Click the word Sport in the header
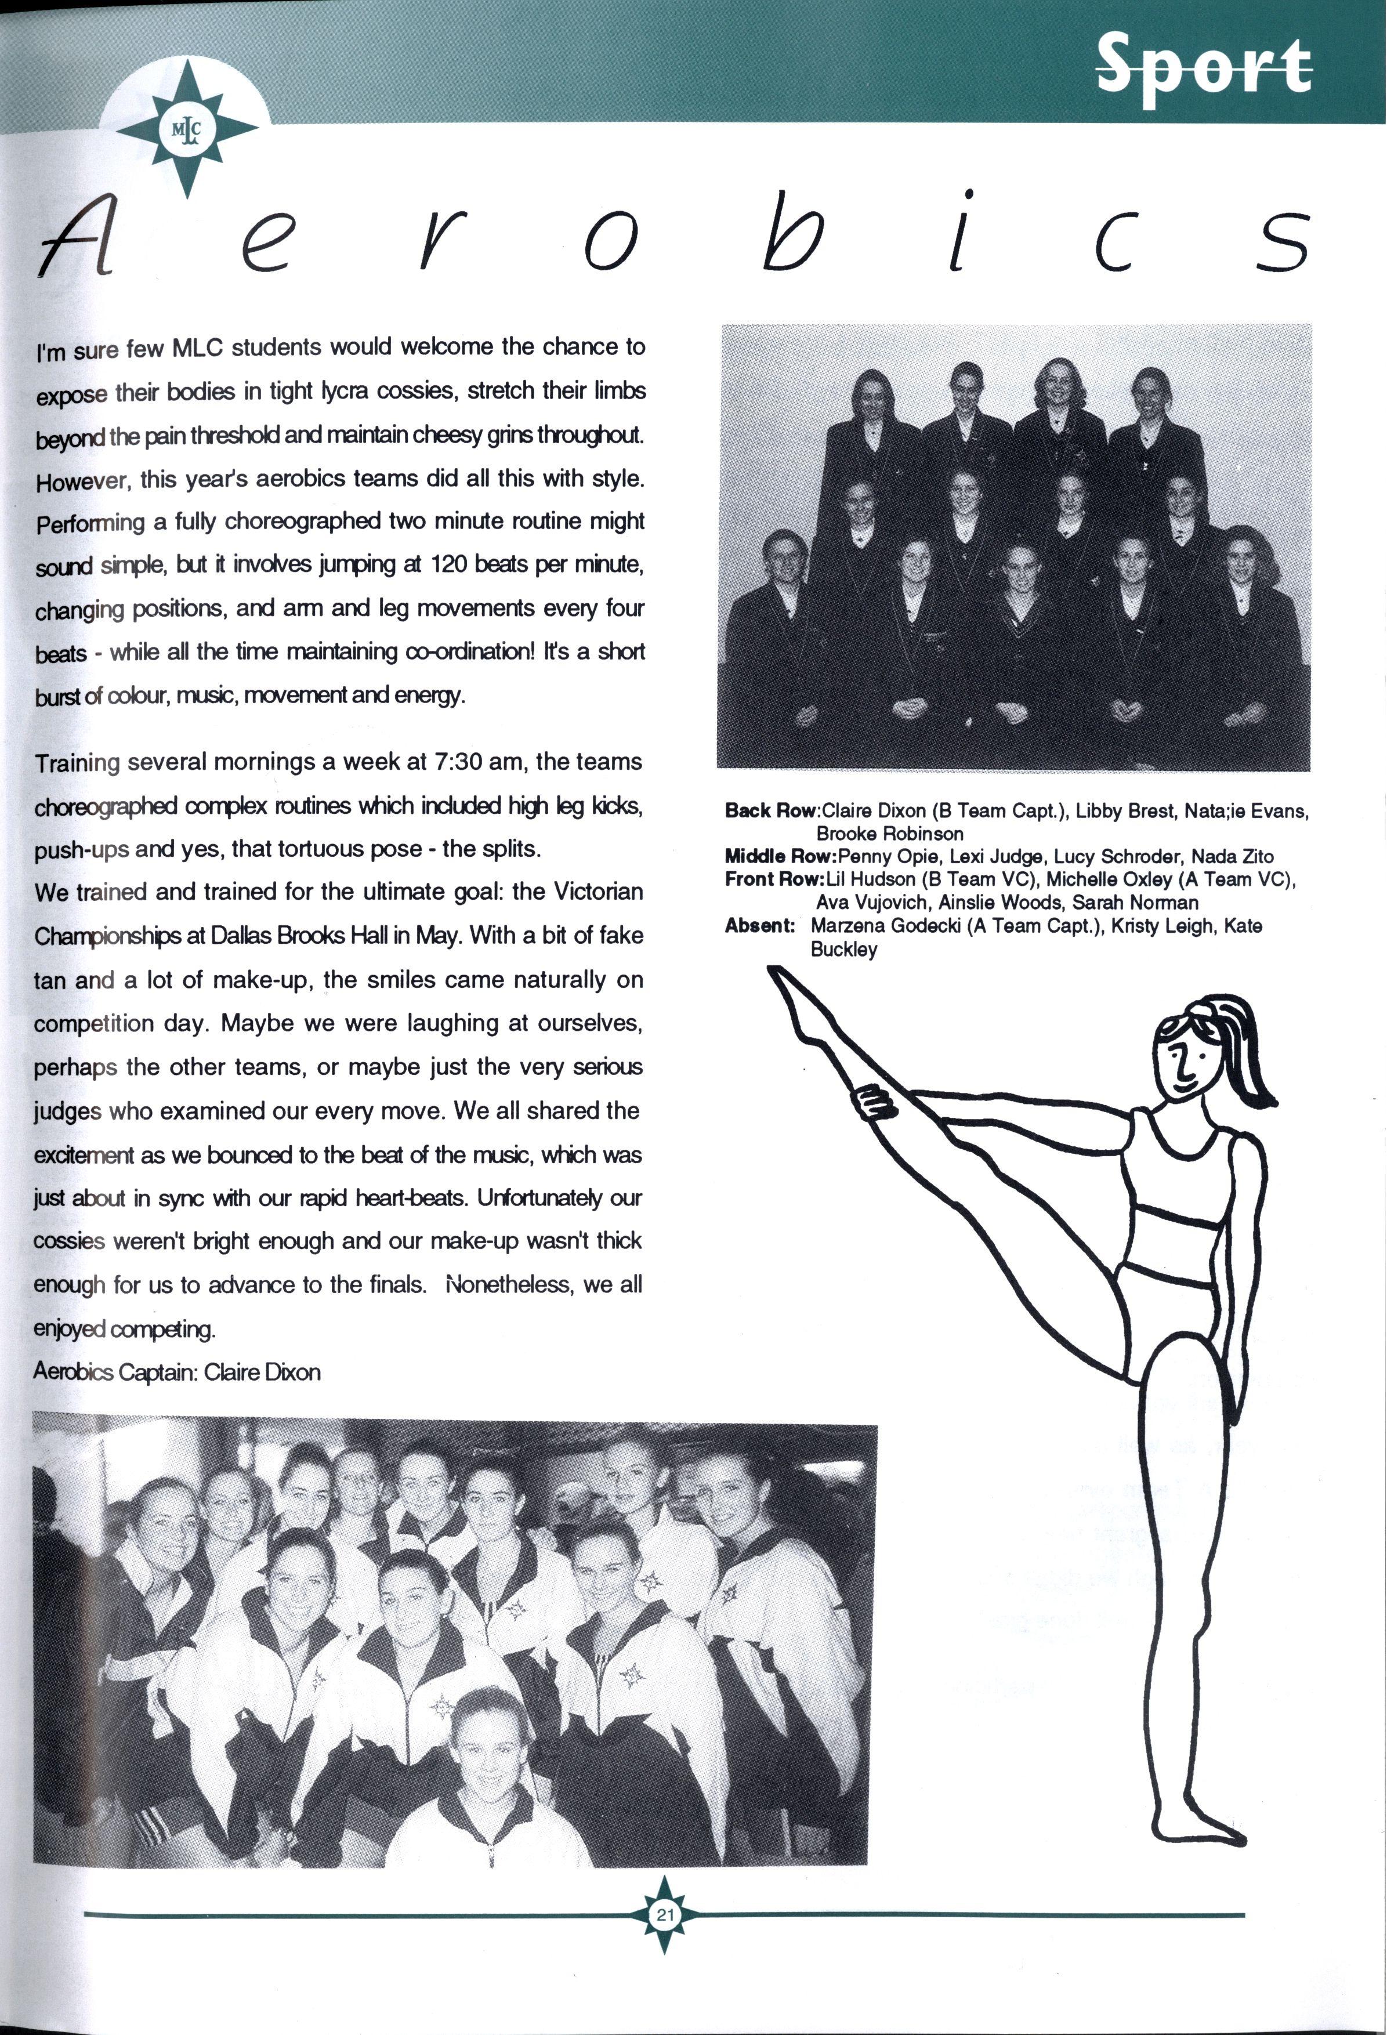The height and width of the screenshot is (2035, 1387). [x=1204, y=64]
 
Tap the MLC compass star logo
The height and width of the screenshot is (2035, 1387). [x=187, y=129]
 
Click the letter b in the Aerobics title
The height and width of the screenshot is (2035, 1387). [x=791, y=236]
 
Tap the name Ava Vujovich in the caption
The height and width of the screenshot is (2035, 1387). [x=870, y=902]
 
